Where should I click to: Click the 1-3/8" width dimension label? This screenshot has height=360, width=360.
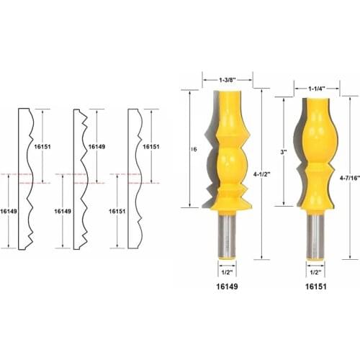click(x=229, y=81)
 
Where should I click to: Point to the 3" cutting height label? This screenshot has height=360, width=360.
click(x=284, y=153)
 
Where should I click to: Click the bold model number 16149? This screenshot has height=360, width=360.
click(x=228, y=287)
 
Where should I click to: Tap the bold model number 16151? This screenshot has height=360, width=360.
click(x=315, y=287)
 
